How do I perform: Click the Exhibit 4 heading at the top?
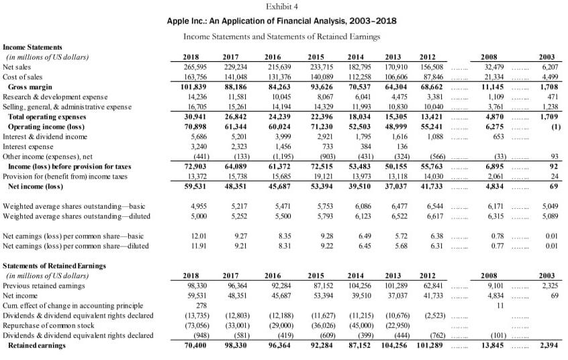point(282,6)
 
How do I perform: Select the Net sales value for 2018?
point(193,67)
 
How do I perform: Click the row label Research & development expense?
point(53,97)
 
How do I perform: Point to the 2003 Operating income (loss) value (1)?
point(555,126)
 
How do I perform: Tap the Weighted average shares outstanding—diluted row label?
point(77,216)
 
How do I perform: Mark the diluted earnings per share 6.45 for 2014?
point(365,246)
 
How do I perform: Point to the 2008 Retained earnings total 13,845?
point(496,345)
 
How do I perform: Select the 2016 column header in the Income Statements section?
point(273,57)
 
